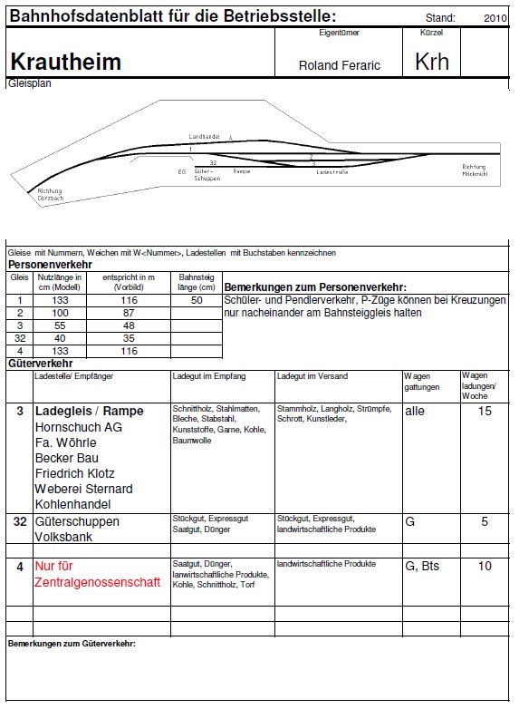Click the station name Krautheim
tap(65, 62)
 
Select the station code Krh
tap(431, 61)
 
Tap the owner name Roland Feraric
tap(340, 65)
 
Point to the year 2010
tap(495, 17)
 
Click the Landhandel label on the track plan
tap(204, 135)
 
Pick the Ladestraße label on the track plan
tap(332, 170)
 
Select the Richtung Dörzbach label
tap(51, 195)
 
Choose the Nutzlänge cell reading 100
tap(60, 312)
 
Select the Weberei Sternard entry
tap(83, 489)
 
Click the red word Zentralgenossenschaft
tap(97, 581)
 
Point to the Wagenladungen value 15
tap(485, 411)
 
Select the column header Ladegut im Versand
tap(312, 375)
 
